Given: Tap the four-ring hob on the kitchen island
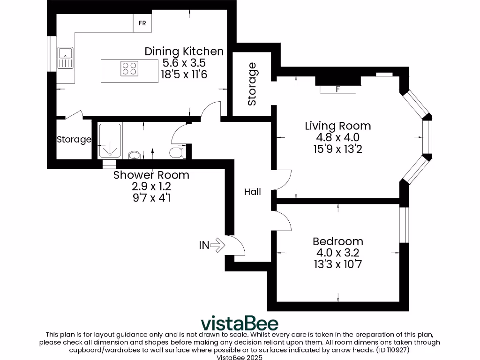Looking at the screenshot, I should [x=130, y=69].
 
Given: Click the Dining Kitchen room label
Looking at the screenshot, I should [x=184, y=51].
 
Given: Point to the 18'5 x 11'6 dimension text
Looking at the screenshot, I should [x=184, y=74].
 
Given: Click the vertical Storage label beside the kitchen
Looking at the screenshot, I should [x=252, y=84].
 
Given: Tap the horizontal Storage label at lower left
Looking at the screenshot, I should [x=74, y=139].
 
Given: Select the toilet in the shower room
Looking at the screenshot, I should [x=176, y=152].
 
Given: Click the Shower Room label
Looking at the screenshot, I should [x=151, y=175].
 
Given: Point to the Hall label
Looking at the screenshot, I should [x=253, y=192].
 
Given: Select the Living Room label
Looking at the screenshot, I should [x=337, y=126].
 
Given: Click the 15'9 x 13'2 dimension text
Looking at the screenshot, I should [x=337, y=149].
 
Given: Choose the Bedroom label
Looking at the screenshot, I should [x=337, y=241].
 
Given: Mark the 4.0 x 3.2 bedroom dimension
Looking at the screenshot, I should [x=337, y=253].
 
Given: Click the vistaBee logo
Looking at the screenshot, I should [x=240, y=323].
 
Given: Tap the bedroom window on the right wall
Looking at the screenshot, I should [x=404, y=225].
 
